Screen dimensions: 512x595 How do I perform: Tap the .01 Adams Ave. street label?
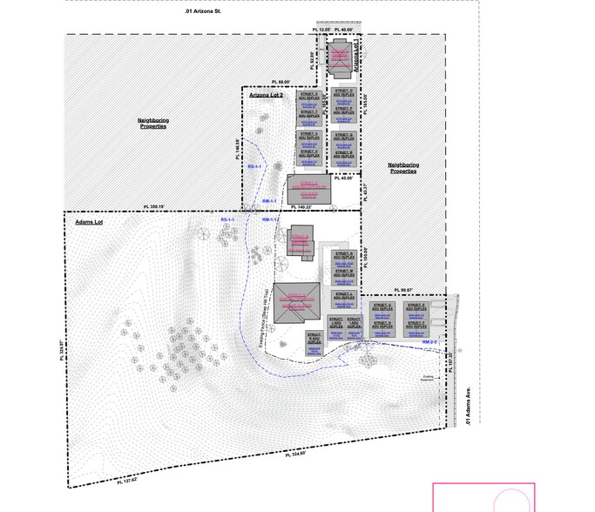tap(468, 407)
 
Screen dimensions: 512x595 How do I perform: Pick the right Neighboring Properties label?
tap(403, 167)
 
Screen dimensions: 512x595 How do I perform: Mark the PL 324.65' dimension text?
tap(301, 454)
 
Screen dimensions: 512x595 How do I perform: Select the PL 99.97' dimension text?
tap(407, 289)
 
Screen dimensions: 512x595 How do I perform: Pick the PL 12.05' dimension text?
tap(324, 30)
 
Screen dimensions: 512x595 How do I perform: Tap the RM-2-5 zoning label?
tap(429, 342)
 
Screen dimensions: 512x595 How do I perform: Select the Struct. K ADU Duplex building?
tap(314, 339)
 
